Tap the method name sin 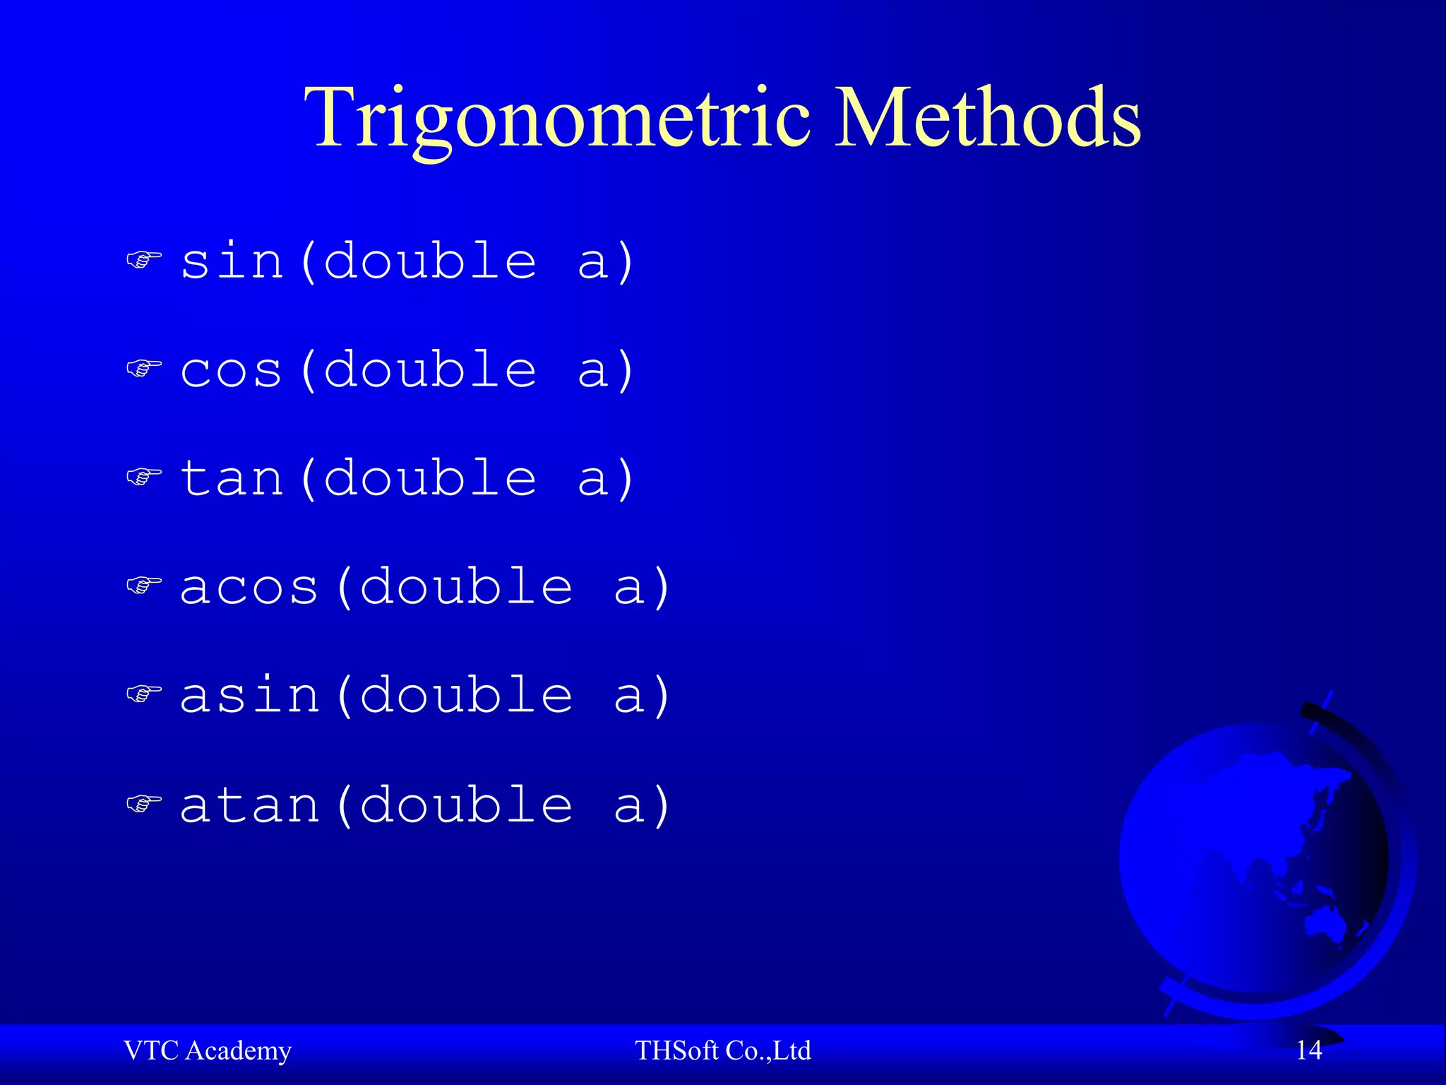(x=232, y=261)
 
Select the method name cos (x=232, y=370)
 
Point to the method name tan (x=232, y=479)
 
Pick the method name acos (x=249, y=588)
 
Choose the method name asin (x=249, y=696)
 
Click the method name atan (x=249, y=805)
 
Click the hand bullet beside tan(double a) (x=144, y=477)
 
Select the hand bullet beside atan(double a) (x=144, y=803)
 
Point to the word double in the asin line (x=466, y=695)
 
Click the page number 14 (x=1308, y=1050)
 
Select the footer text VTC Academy (x=207, y=1050)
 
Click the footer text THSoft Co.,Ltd (x=722, y=1050)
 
